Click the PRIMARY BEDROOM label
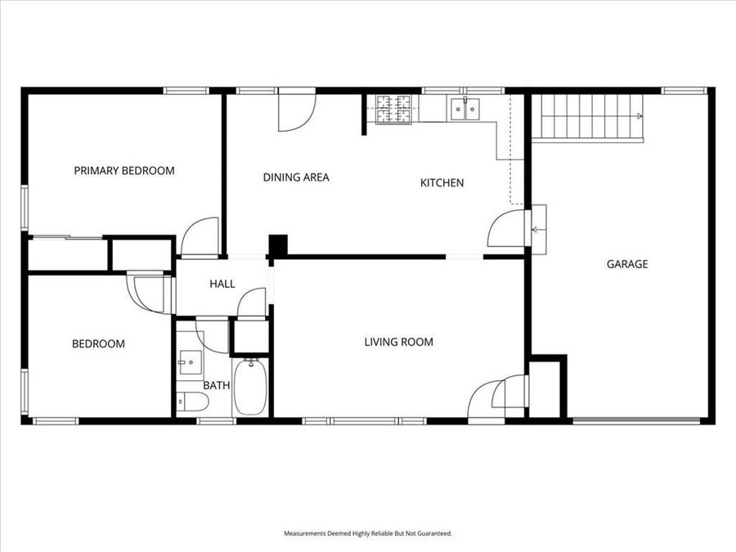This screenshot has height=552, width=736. (x=124, y=171)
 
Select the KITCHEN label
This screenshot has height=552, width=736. (x=442, y=182)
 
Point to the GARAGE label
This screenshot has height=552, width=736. (x=627, y=263)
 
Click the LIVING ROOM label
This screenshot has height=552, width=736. (x=398, y=342)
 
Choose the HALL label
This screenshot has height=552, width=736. (x=222, y=284)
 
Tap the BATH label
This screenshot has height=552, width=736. (x=217, y=384)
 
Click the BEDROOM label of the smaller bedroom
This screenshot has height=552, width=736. (x=98, y=343)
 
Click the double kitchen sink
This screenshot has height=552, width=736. (x=465, y=109)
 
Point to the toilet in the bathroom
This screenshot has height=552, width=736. (x=193, y=402)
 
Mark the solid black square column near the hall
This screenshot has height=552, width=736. (x=279, y=245)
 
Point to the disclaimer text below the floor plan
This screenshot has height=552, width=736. (x=368, y=533)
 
